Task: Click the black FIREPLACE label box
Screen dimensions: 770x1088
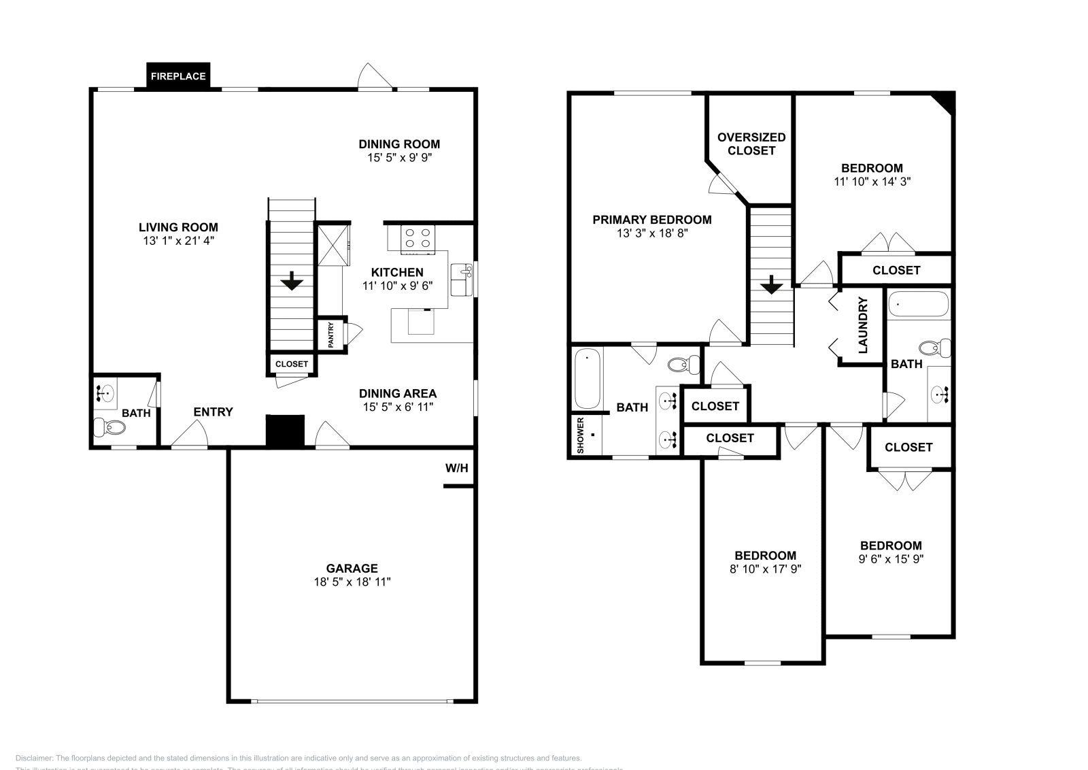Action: (178, 76)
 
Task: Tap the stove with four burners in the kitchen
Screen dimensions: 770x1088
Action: (418, 238)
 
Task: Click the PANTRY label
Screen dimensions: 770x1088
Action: (331, 335)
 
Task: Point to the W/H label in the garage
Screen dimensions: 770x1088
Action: (457, 468)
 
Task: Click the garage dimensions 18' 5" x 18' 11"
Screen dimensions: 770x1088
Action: (352, 582)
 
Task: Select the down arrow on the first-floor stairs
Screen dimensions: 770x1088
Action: (292, 280)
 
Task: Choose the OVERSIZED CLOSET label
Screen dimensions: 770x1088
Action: (751, 144)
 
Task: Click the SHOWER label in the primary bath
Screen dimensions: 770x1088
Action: (580, 435)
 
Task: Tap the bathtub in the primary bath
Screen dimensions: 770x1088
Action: (587, 378)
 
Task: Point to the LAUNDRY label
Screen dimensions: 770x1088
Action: (863, 325)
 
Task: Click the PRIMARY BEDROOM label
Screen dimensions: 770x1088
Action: (651, 220)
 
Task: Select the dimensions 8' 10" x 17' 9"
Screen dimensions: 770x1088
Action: (765, 569)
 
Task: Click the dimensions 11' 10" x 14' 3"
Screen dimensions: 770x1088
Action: (872, 182)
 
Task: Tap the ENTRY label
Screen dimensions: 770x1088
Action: (213, 412)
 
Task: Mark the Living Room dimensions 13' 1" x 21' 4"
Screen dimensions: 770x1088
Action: (178, 241)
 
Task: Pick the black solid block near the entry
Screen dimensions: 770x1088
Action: (285, 431)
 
